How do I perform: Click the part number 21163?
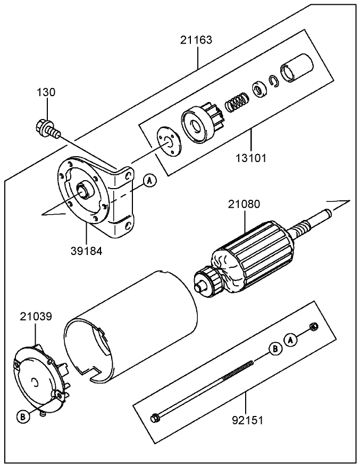tap(196, 40)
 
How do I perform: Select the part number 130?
tap(46, 92)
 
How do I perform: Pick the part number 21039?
tap(36, 317)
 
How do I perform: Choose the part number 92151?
tap(247, 420)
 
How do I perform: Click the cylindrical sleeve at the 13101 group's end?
tap(296, 69)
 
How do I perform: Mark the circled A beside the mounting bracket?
tap(150, 181)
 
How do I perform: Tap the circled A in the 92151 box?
tap(290, 339)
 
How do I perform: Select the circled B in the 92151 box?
tap(275, 349)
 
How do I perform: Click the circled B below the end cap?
tap(23, 417)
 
